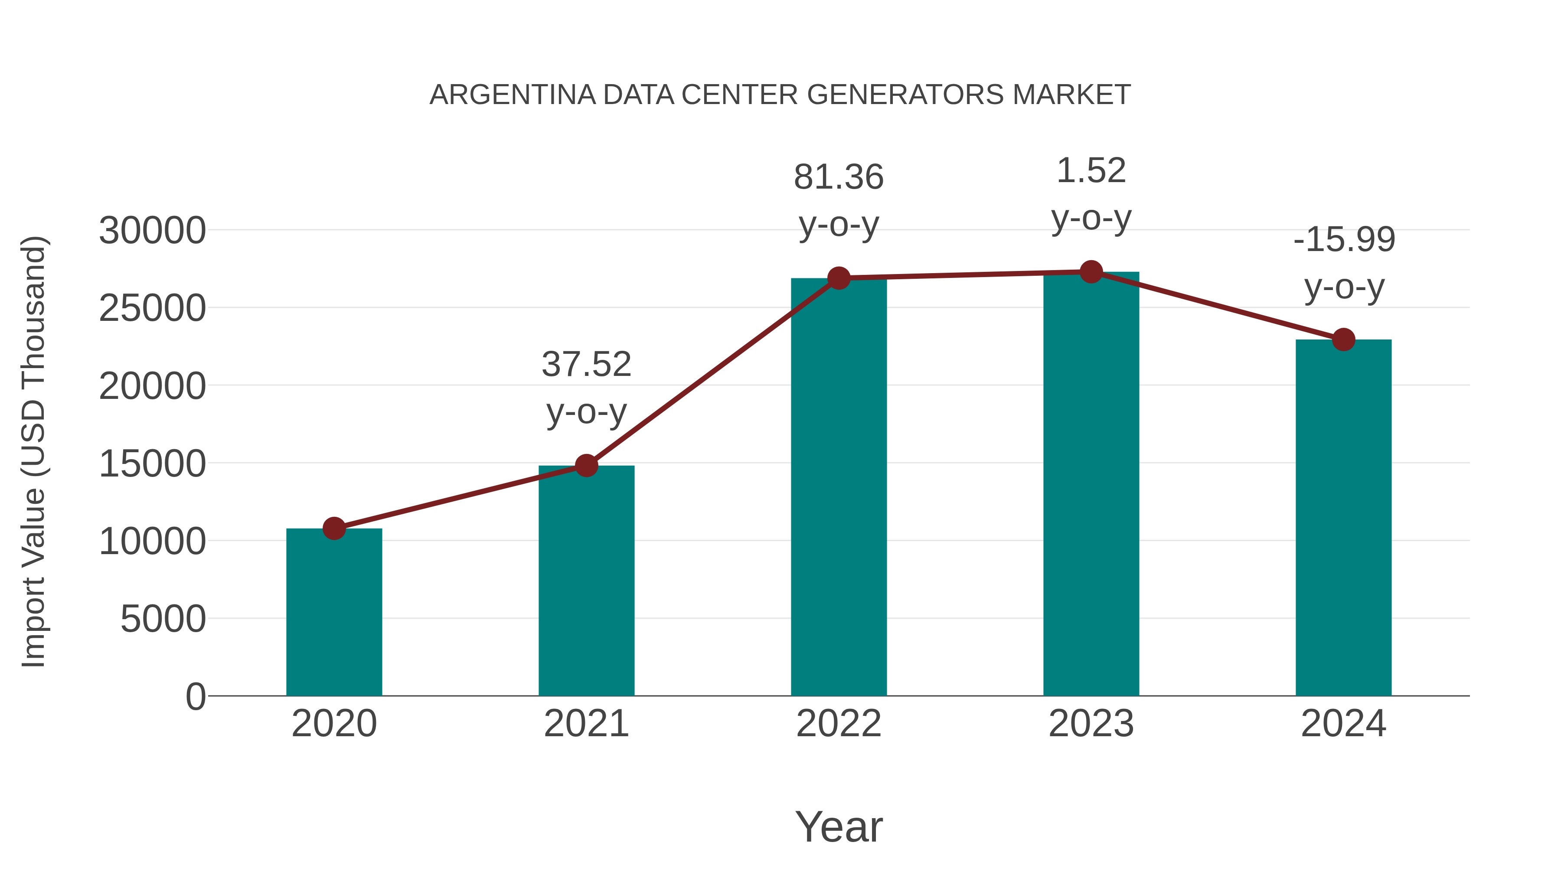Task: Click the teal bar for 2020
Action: coord(334,612)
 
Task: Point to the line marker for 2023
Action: coord(1091,272)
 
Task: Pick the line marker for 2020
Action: coord(334,529)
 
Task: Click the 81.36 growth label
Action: coord(839,177)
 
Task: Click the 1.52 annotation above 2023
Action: coord(1091,171)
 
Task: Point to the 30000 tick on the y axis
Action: coord(152,231)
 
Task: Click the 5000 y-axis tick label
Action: coord(163,619)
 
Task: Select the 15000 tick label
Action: coord(152,464)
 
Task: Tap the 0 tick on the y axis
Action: coord(195,697)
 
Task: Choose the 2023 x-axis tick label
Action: coord(1091,724)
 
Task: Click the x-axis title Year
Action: coord(839,827)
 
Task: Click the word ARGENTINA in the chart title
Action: coord(513,95)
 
